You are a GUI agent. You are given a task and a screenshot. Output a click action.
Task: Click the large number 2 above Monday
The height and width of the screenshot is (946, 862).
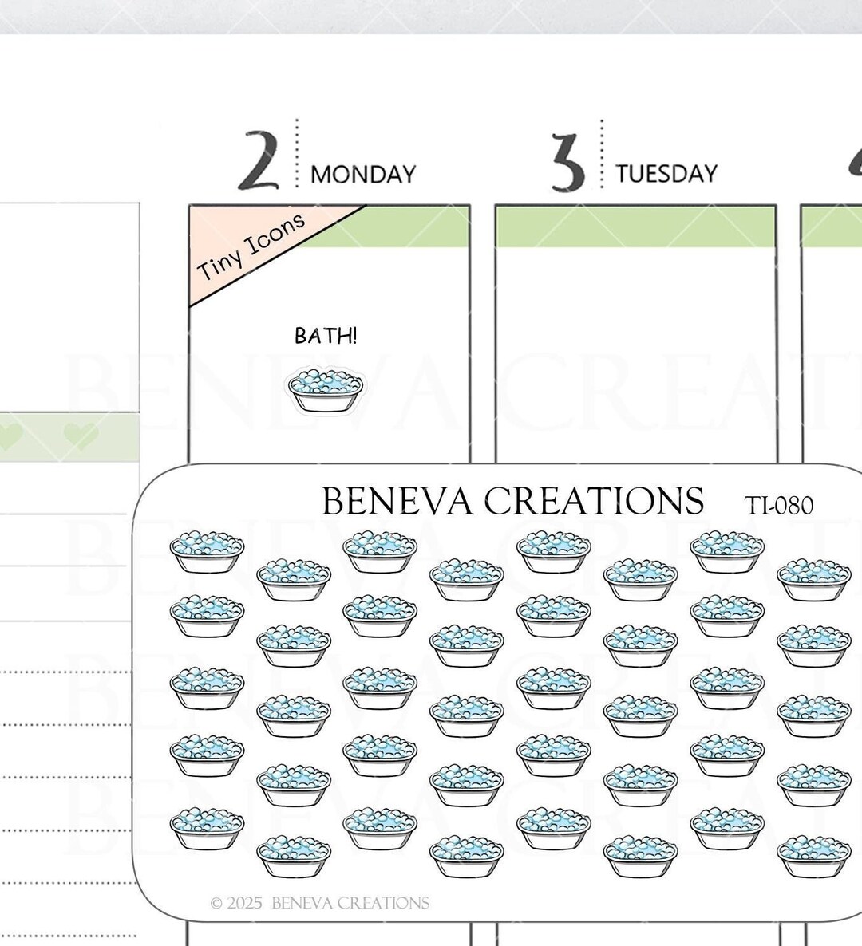point(259,160)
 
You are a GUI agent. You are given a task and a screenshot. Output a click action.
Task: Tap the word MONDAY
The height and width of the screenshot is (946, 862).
point(363,175)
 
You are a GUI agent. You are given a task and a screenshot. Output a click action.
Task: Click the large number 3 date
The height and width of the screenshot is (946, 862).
point(567,162)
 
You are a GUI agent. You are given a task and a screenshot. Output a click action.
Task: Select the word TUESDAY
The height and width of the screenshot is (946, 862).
point(666,174)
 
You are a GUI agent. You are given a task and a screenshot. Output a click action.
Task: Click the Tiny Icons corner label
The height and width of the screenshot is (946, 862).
point(251,246)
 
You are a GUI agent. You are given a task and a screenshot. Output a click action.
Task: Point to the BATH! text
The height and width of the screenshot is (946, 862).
point(326,336)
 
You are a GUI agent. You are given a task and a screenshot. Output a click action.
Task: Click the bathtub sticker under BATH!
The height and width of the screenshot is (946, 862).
point(326,391)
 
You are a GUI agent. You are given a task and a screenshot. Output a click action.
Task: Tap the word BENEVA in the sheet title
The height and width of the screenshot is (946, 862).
point(397,501)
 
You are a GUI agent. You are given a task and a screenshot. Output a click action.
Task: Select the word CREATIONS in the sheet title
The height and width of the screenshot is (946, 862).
point(595,501)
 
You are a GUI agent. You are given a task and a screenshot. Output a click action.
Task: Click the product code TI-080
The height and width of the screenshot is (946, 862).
point(779,506)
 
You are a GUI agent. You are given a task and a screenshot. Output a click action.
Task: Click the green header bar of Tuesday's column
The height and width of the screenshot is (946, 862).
point(635,227)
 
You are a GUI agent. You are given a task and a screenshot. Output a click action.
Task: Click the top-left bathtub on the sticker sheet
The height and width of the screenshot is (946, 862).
point(207,551)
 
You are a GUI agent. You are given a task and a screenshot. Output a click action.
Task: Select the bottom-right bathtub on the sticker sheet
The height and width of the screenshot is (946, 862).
point(813,856)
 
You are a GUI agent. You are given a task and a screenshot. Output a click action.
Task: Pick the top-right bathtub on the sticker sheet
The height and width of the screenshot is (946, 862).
point(813,580)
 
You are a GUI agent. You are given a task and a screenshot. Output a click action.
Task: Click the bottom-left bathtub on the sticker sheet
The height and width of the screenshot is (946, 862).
point(207,829)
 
